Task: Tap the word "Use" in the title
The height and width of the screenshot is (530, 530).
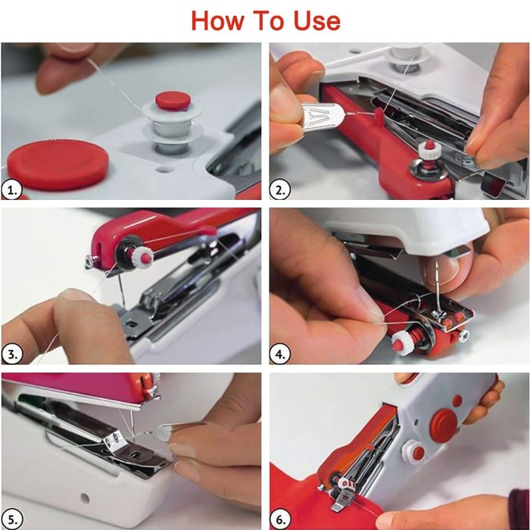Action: coord(316,21)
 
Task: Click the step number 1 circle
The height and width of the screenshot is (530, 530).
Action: coord(12,190)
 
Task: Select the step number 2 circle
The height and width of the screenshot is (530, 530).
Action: coord(279,190)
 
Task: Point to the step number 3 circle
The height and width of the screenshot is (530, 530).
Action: coord(12,354)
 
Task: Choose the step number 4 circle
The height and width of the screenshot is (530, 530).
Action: coord(279,354)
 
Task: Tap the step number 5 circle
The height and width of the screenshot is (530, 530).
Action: coord(12,519)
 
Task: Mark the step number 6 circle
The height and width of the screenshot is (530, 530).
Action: coord(280,519)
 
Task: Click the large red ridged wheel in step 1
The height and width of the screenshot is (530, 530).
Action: coord(58,165)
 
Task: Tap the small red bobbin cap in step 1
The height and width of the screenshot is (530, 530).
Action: coord(173,100)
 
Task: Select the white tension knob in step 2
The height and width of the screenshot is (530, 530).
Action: coord(429,149)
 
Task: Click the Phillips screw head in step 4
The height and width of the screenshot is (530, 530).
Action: coord(464,335)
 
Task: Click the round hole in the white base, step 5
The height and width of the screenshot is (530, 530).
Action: coord(85,498)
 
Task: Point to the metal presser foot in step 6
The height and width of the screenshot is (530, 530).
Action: coord(343,499)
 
